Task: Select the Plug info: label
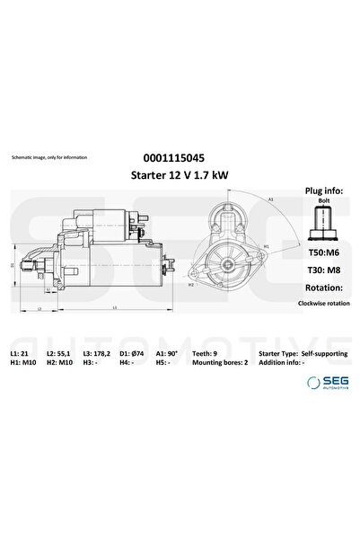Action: pyautogui.click(x=319, y=191)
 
